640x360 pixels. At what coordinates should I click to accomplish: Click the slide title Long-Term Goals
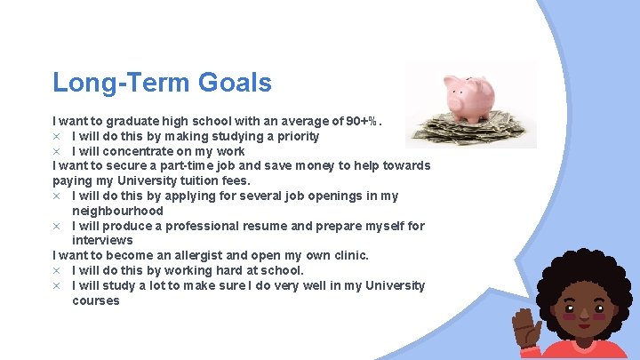(162, 83)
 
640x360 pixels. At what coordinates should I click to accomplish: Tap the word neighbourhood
(117, 211)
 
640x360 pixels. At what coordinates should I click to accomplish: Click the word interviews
(102, 240)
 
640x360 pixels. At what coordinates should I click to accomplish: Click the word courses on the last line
(96, 300)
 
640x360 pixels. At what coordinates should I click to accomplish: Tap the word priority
(294, 136)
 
